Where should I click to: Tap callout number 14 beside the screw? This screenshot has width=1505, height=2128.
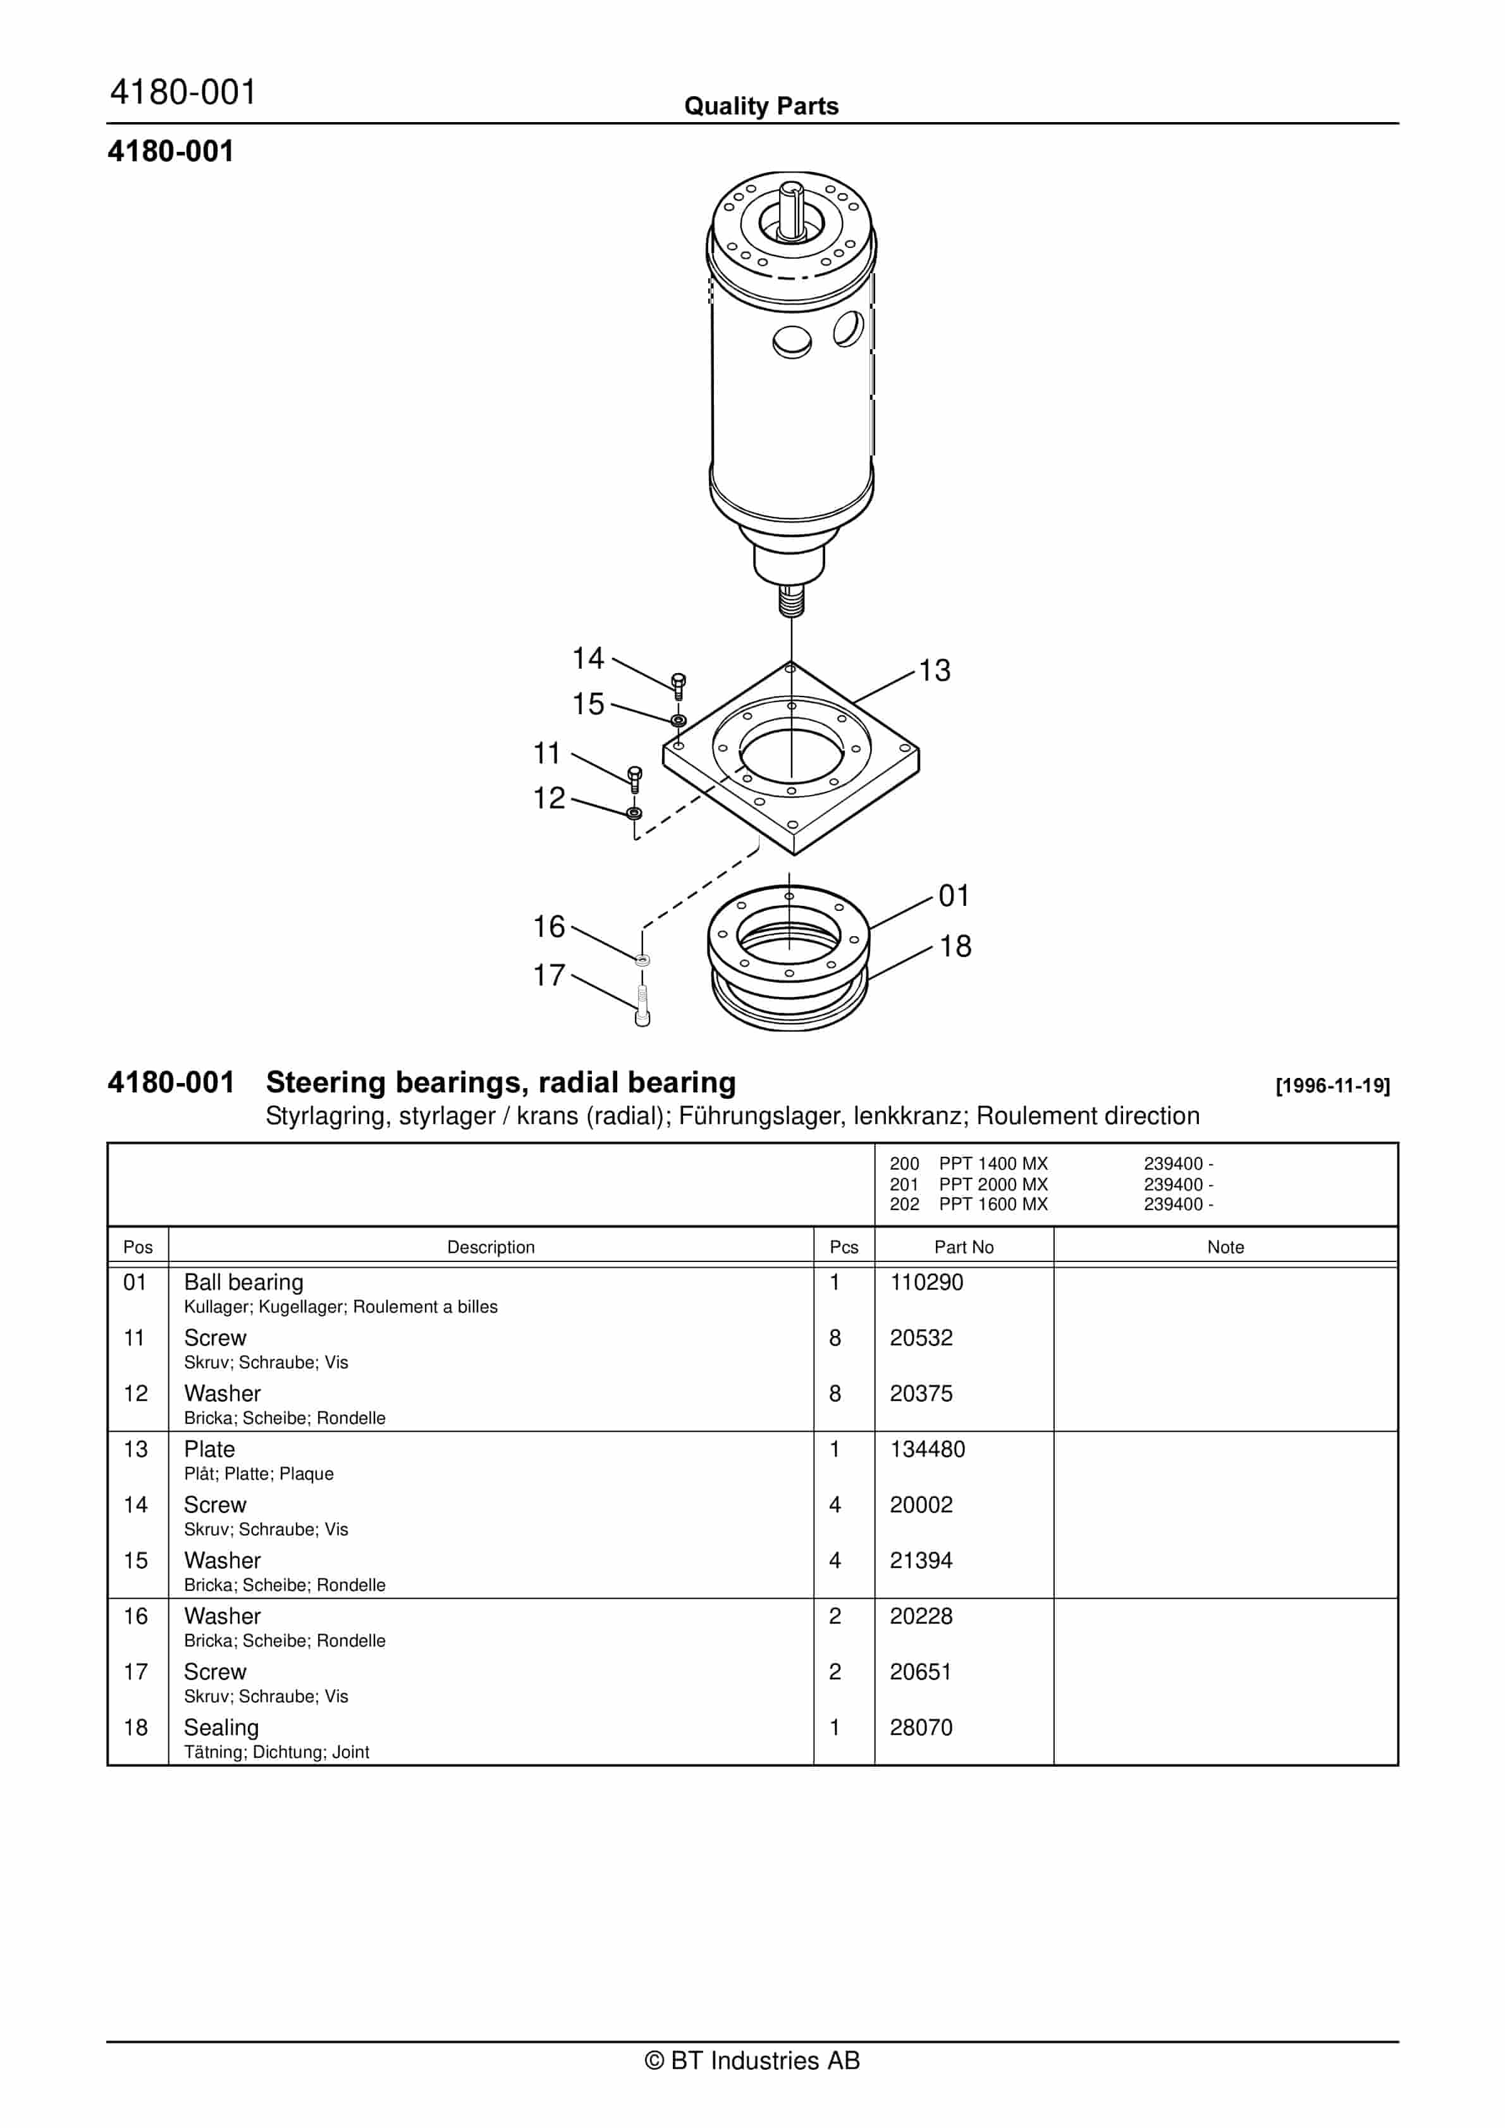tap(587, 658)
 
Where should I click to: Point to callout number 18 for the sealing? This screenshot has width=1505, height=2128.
tap(955, 946)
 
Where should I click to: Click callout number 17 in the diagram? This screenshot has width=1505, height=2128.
tap(549, 975)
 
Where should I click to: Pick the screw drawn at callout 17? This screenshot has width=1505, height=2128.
tap(642, 1006)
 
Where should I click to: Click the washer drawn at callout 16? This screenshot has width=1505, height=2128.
tap(642, 960)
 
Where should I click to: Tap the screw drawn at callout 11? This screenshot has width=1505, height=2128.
tap(635, 779)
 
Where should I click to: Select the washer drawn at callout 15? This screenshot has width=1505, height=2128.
tap(679, 720)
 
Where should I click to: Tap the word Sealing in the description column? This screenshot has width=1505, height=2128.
tap(221, 1728)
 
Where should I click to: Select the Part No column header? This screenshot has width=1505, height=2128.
tap(964, 1247)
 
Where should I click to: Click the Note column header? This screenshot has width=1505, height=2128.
tap(1225, 1247)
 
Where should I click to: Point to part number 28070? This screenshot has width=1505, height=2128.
tap(921, 1727)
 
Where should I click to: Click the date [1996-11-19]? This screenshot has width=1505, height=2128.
tap(1332, 1086)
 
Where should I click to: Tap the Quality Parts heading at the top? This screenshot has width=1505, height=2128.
tap(761, 106)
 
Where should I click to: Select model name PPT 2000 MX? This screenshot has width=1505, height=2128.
tap(993, 1184)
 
